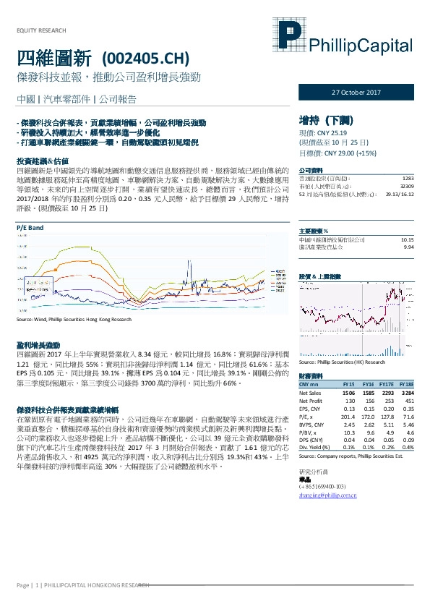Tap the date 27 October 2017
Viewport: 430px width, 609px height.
pos(355,93)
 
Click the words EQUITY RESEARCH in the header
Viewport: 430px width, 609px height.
pos(40,30)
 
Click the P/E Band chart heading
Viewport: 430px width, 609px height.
pos(30,227)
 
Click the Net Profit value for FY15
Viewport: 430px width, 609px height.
pos(350,400)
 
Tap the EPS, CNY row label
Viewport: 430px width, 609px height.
pos(311,409)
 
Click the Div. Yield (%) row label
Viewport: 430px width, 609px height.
pos(315,448)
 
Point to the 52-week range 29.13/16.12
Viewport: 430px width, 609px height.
pos(399,194)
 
